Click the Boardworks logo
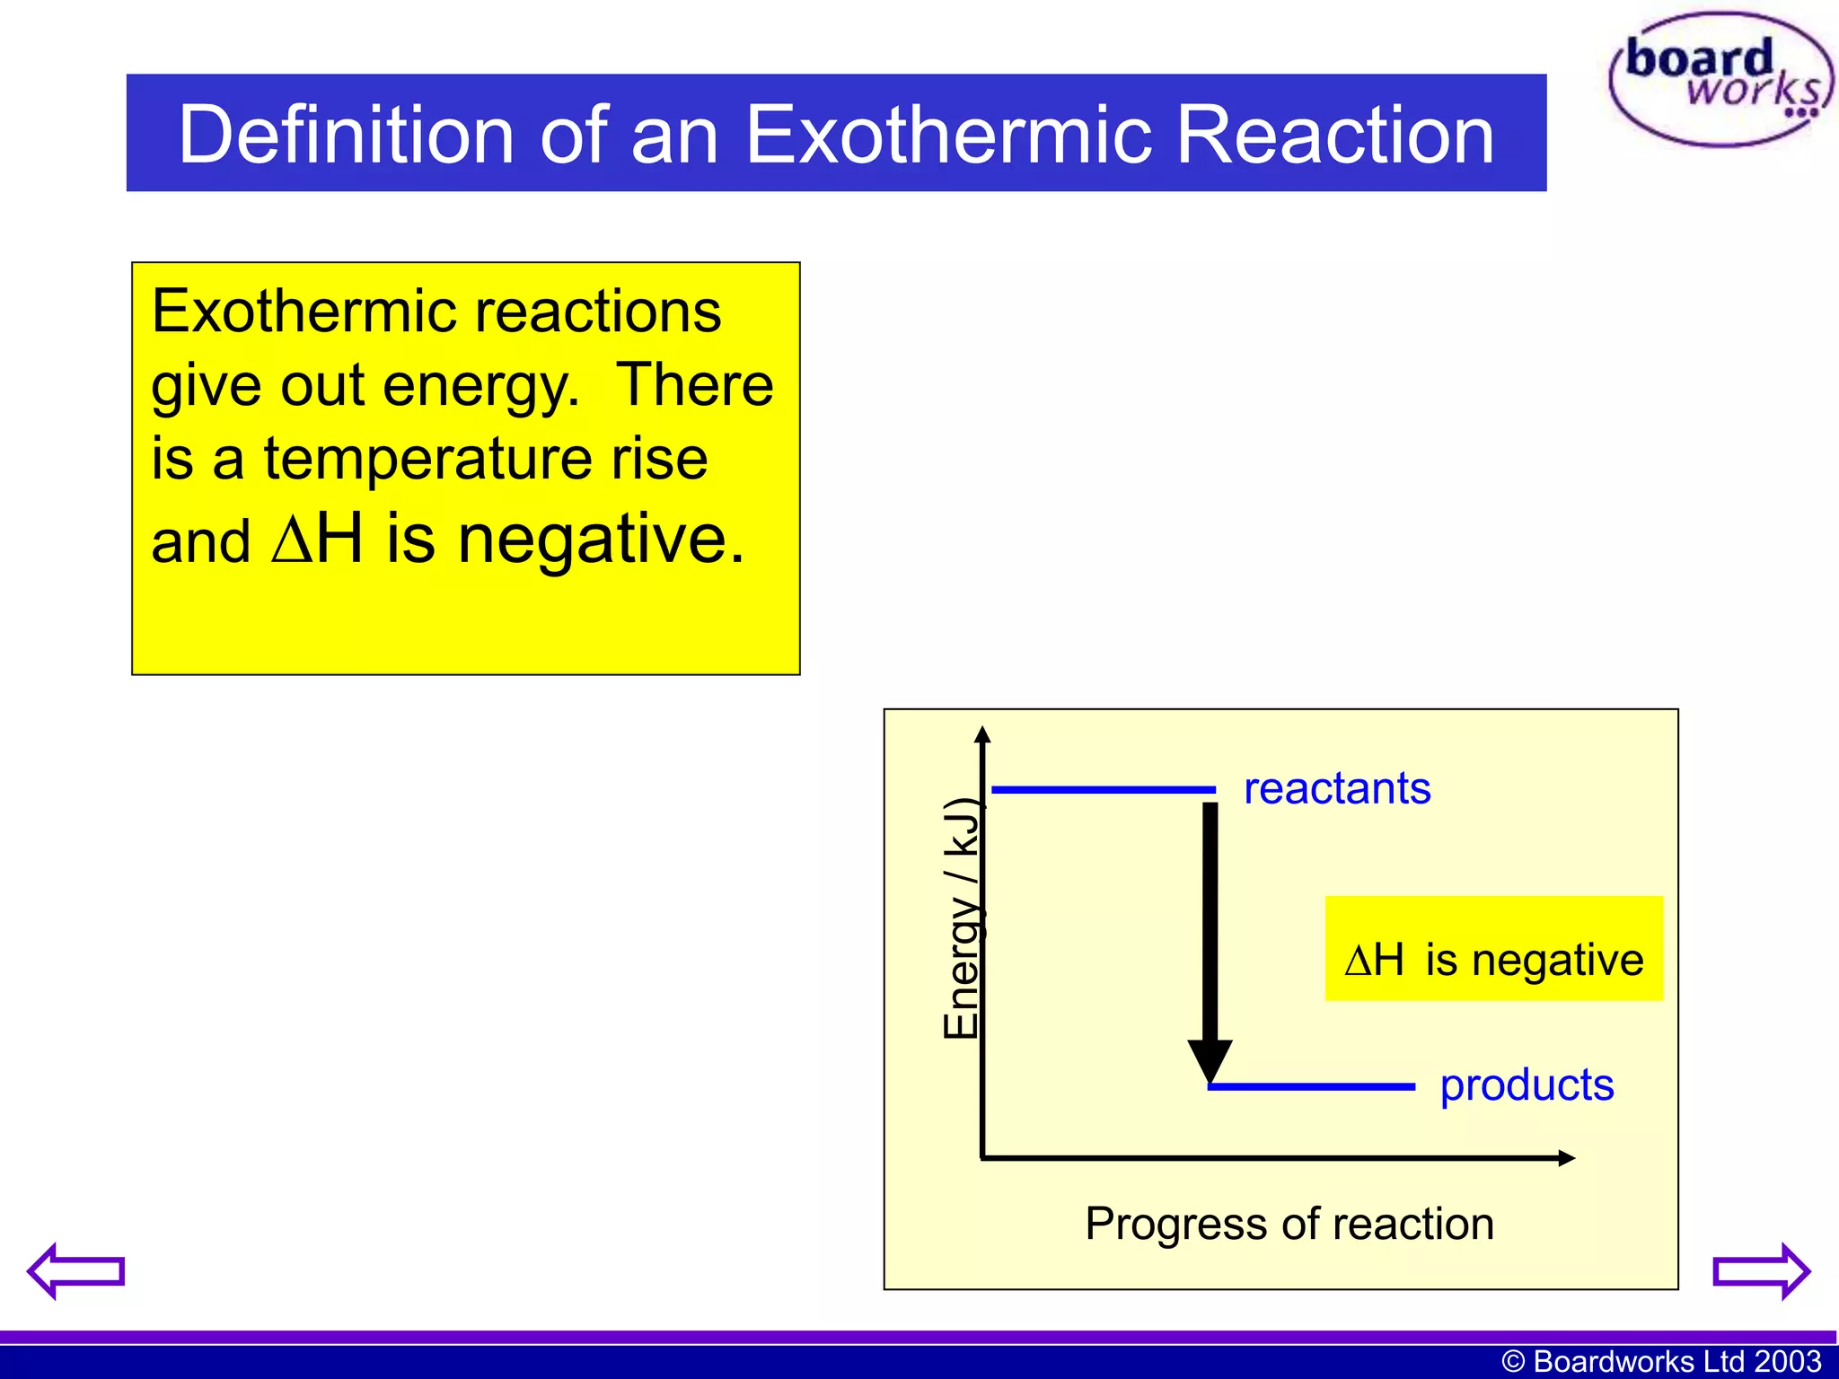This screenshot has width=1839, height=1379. (1720, 79)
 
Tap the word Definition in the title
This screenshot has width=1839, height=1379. (347, 135)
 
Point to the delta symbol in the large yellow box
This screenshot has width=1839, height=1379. (294, 540)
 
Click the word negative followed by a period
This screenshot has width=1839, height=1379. (602, 540)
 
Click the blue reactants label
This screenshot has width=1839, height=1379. (1336, 788)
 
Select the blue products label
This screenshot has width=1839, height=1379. (1527, 1085)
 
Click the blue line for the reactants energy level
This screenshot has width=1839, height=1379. (1103, 790)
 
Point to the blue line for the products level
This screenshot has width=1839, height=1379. (1311, 1086)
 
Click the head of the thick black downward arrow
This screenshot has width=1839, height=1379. (1210, 1059)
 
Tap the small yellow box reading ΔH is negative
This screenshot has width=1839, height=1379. (1493, 949)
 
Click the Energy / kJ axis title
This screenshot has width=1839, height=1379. (962, 918)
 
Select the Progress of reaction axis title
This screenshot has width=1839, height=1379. (1289, 1224)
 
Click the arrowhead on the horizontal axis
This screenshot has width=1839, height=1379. (1565, 1158)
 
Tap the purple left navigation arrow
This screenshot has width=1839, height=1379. (75, 1270)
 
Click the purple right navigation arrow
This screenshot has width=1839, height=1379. (1762, 1270)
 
